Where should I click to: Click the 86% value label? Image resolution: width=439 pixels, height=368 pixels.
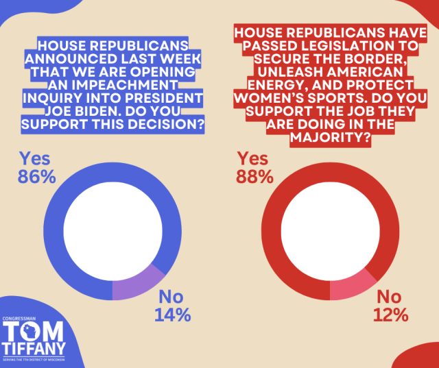click(x=36, y=176)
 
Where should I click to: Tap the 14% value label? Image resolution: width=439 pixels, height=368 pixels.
click(x=172, y=315)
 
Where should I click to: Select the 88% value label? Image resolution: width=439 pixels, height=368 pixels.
click(x=254, y=176)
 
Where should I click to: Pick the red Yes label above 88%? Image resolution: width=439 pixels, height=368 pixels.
click(x=252, y=158)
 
